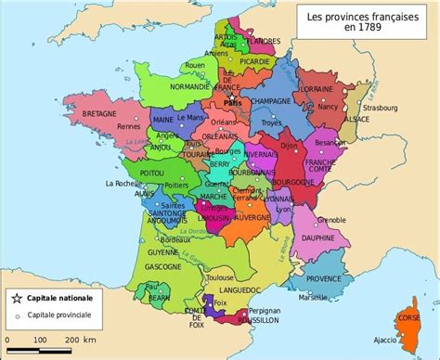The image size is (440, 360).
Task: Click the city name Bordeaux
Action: click(153, 239)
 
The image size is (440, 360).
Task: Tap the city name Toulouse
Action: click(220, 276)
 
